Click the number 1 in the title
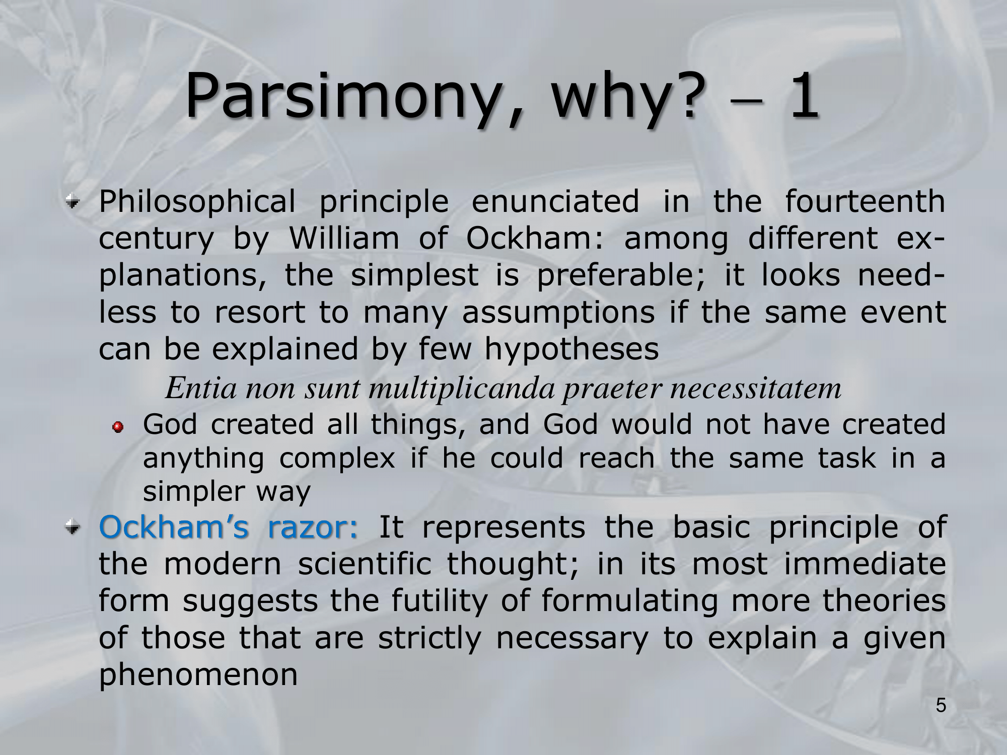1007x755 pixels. (x=803, y=95)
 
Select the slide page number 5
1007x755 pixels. (x=941, y=705)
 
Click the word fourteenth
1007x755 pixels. (x=865, y=201)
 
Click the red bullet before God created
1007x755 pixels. (x=118, y=427)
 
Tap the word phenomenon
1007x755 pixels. (x=198, y=675)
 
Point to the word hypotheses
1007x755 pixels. (x=571, y=349)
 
